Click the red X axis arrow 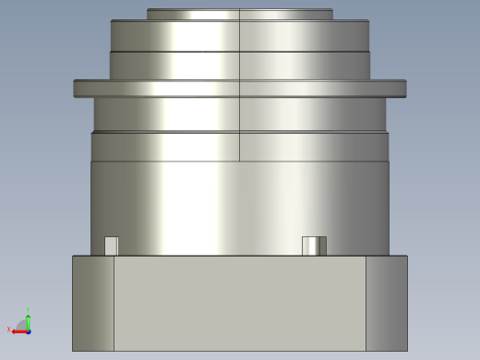click(x=16, y=330)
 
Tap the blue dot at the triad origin click(x=28, y=330)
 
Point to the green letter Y click(x=29, y=312)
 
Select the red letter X click(x=9, y=330)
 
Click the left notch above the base click(x=111, y=246)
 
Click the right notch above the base click(x=314, y=246)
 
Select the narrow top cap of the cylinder click(x=239, y=14)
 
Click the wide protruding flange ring click(x=239, y=88)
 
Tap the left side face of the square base click(x=93, y=303)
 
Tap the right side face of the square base click(x=387, y=303)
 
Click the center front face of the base click(x=240, y=303)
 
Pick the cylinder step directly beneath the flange click(x=239, y=114)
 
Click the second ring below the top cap click(x=239, y=35)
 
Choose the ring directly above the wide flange click(x=239, y=65)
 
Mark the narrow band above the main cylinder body click(x=239, y=146)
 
